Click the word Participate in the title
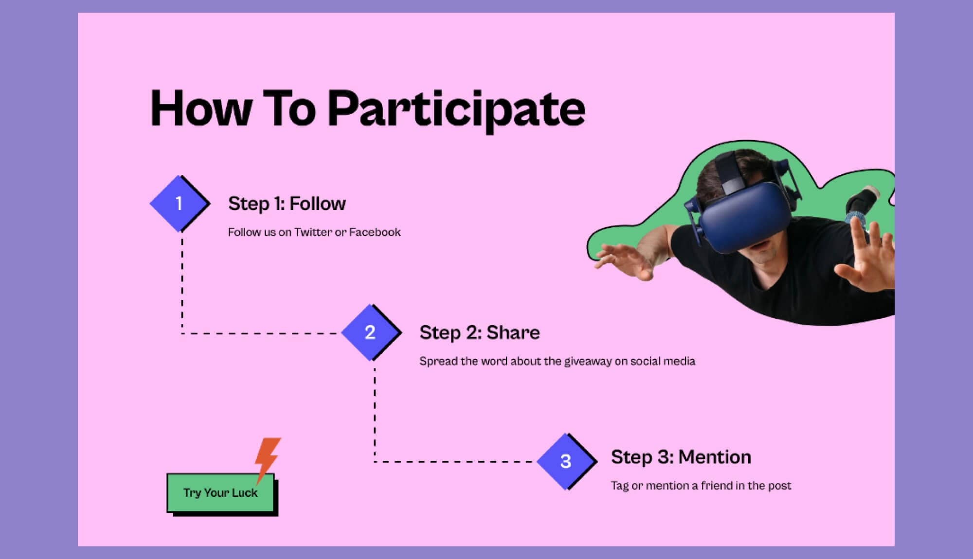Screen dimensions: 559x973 [x=456, y=109]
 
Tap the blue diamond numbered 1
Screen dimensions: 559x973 [x=179, y=203]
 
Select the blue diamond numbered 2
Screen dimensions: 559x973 [x=370, y=332]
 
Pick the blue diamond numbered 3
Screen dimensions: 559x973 [x=566, y=461]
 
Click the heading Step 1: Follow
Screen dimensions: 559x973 [x=287, y=204]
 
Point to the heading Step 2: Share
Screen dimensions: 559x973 [x=479, y=333]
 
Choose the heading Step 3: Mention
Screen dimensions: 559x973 [x=681, y=457]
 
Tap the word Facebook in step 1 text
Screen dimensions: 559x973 [x=375, y=232]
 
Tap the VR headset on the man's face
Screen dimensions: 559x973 [x=744, y=216]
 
